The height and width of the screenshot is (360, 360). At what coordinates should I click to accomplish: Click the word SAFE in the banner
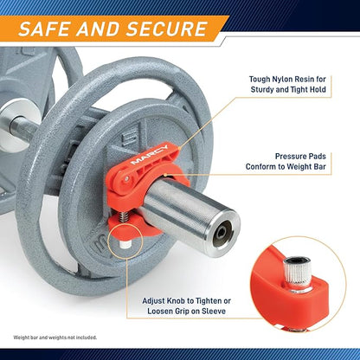pos(43,29)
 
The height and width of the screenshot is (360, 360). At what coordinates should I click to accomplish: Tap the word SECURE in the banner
pos(167,29)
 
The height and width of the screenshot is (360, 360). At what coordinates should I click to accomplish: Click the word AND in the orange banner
pos(98,29)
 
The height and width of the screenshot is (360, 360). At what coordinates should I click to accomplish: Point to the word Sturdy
pos(262,89)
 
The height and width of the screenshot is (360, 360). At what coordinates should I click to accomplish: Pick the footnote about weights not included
pos(55,337)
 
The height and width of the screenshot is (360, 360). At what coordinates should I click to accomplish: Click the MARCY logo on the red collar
pos(149,155)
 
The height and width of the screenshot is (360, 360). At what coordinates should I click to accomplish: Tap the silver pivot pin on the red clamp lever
pos(126,179)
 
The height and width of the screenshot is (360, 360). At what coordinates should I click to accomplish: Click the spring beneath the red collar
pos(124,217)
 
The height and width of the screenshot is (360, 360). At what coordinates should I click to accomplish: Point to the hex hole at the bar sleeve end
pos(221,233)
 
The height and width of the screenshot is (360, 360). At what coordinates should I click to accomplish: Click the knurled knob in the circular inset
pos(298,273)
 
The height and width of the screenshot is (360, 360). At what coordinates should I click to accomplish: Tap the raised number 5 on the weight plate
pos(130,137)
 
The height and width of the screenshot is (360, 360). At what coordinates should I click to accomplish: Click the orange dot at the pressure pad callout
pos(165,174)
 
